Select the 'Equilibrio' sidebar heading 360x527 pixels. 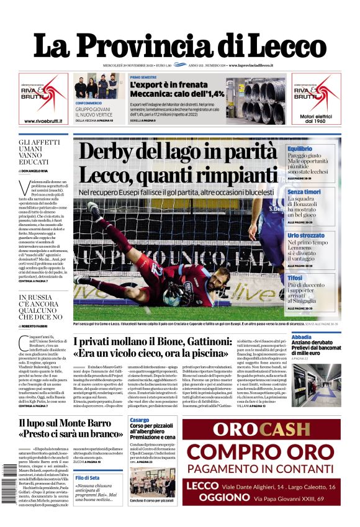pos(300,149)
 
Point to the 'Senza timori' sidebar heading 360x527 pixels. pos(304,192)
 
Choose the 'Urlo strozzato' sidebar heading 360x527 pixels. pos(306,236)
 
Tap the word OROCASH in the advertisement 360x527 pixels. pos(261,429)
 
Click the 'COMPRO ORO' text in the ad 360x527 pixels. pos(261,451)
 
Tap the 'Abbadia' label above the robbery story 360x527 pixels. pos(302,337)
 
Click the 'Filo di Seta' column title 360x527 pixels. pos(88,477)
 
